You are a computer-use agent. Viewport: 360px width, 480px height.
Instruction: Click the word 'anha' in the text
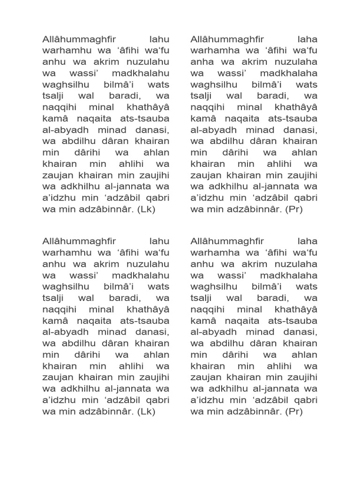[202, 62]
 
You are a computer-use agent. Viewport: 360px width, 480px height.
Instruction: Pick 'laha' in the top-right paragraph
[307, 40]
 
